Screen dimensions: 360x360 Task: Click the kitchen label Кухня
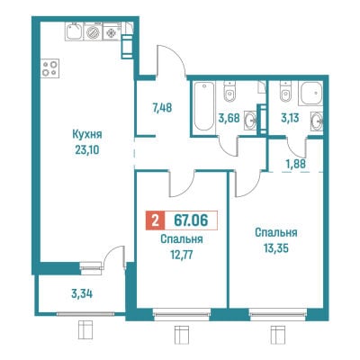coord(87,135)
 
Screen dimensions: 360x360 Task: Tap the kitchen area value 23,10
coord(87,149)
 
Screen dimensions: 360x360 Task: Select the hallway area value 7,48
coord(162,107)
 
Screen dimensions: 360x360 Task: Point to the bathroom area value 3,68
coord(229,118)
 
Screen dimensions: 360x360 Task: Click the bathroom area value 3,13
coord(290,118)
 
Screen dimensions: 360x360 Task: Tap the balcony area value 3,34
coord(82,293)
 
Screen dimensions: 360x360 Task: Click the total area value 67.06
coord(191,220)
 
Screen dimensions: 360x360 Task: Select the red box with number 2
coord(155,220)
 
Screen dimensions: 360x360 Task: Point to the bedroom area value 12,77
coord(181,256)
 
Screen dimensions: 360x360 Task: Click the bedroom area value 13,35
coord(276,248)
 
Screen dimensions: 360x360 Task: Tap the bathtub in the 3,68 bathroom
coord(203,106)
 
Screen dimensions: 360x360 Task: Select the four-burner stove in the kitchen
coord(49,68)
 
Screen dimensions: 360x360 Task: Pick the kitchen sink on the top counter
coord(75,31)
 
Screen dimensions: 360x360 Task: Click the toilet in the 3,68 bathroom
coord(229,92)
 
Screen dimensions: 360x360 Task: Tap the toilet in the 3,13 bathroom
coord(284,92)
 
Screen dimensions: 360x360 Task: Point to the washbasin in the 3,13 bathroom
coord(317,121)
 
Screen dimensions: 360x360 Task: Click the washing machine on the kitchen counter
coord(94,31)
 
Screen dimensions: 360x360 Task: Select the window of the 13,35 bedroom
coord(278,314)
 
